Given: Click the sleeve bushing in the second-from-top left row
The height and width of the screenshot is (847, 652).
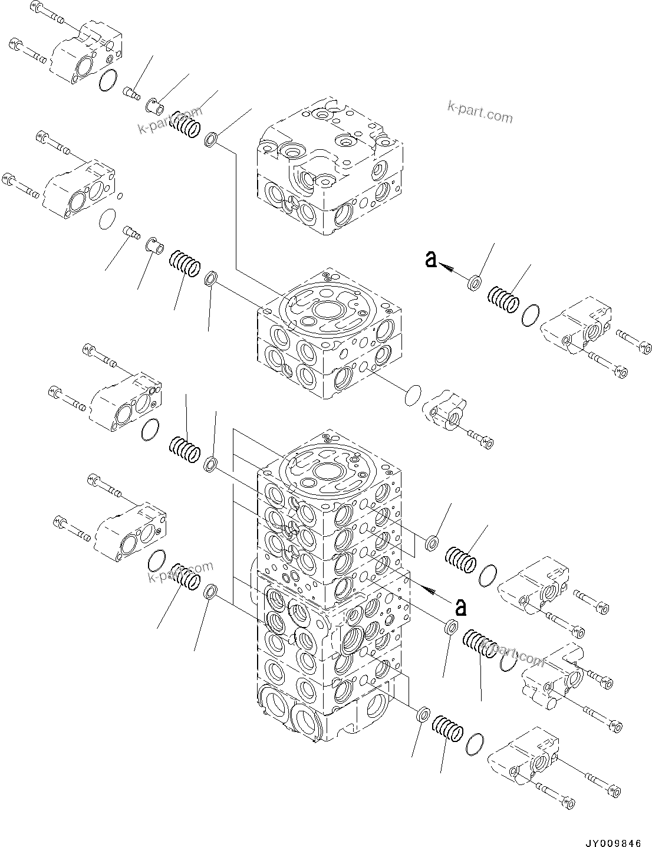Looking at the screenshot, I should point(155,244).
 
